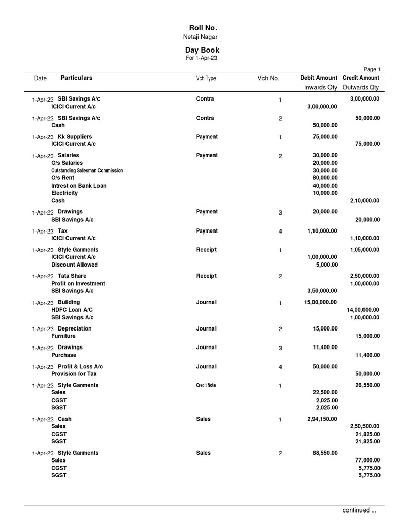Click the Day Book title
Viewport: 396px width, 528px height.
pyautogui.click(x=202, y=50)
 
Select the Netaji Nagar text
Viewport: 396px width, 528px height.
pyautogui.click(x=200, y=37)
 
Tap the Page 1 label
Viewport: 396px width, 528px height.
pyautogui.click(x=372, y=69)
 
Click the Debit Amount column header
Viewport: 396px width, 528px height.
pyautogui.click(x=319, y=78)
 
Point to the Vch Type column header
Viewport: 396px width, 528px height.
pyautogui.click(x=206, y=78)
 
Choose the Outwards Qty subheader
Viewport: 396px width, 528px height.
pyautogui.click(x=361, y=87)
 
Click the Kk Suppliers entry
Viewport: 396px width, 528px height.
pyautogui.click(x=75, y=137)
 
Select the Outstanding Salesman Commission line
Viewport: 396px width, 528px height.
pyautogui.click(x=87, y=170)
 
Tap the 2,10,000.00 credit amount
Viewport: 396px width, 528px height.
pyautogui.click(x=365, y=201)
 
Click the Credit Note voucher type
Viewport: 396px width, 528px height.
pyautogui.click(x=206, y=385)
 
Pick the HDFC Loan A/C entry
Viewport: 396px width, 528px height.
pyautogui.click(x=72, y=310)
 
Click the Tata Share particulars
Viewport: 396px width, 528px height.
pyautogui.click(x=72, y=276)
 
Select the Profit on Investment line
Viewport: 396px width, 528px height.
pyautogui.click(x=78, y=284)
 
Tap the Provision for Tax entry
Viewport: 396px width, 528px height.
pyautogui.click(x=74, y=374)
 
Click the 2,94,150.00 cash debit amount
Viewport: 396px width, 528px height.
pyautogui.click(x=323, y=419)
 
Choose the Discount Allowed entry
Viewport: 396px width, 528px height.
pyautogui.click(x=74, y=265)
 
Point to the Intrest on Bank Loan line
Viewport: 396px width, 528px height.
pyautogui.click(x=79, y=186)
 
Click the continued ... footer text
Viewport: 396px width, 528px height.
pyautogui.click(x=359, y=510)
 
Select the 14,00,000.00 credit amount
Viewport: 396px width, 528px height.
pyautogui.click(x=363, y=310)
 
